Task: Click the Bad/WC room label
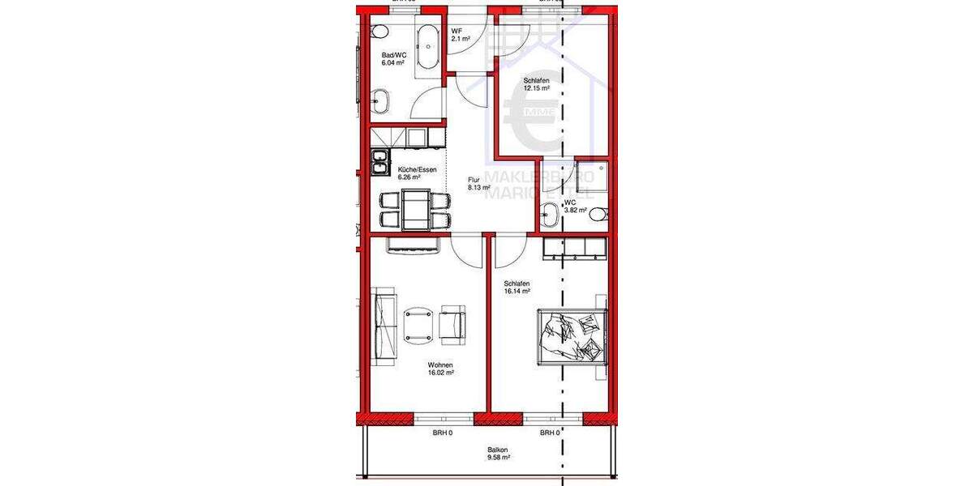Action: (392, 57)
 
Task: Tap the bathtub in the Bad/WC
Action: (427, 49)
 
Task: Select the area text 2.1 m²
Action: (461, 38)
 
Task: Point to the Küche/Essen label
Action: (418, 169)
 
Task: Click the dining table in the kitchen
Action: (417, 208)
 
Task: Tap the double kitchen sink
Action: (379, 162)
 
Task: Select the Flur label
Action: (474, 180)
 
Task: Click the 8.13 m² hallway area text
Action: (478, 187)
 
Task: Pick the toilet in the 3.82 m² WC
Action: (598, 215)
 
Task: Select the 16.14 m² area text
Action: (517, 290)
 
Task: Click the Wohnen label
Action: (441, 365)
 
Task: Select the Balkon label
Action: (498, 450)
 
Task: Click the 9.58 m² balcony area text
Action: (498, 458)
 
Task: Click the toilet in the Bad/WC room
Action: (379, 32)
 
